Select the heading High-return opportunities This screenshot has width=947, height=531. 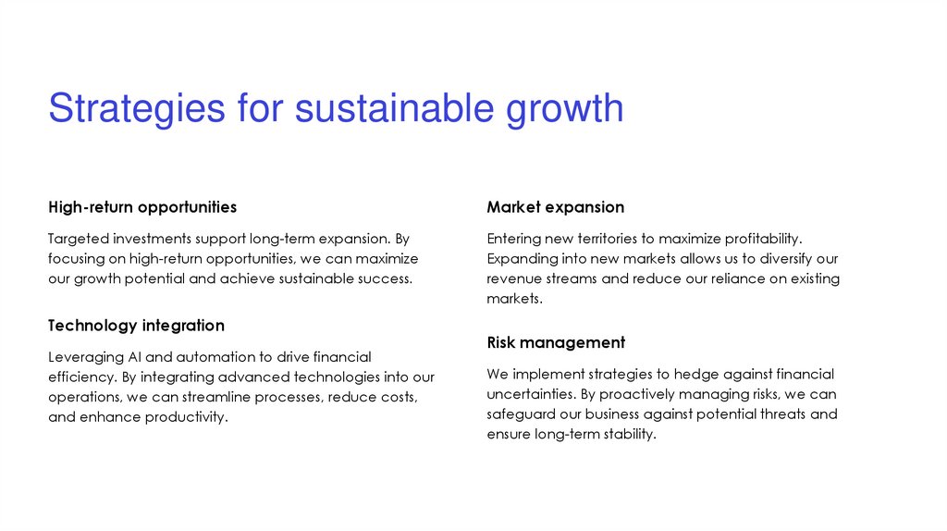(142, 207)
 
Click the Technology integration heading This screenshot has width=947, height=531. (136, 326)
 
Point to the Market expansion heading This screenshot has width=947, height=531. (555, 207)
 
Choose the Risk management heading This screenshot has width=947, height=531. (556, 342)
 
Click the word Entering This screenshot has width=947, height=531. (513, 239)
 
